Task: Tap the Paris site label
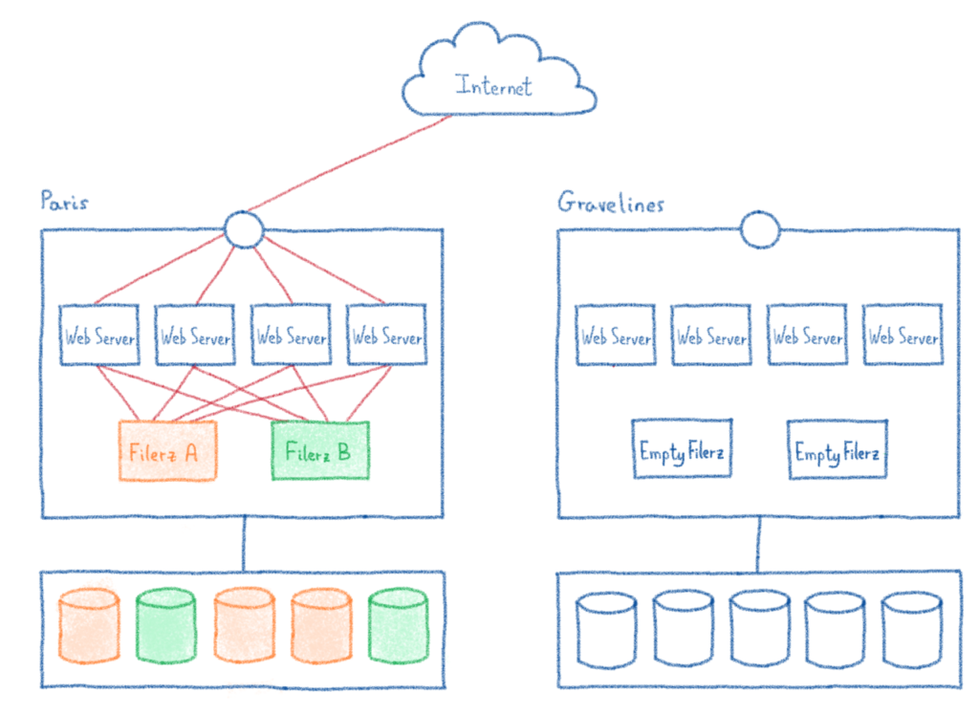(x=64, y=202)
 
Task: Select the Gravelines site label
(x=611, y=203)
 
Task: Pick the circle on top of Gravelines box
(x=760, y=229)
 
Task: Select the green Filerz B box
(x=319, y=450)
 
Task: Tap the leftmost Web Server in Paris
(x=99, y=335)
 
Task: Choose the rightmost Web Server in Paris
(x=386, y=335)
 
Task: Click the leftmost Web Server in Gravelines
(x=616, y=335)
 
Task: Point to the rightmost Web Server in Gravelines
(x=903, y=335)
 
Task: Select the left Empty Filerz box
(x=683, y=450)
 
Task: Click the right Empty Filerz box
(x=837, y=450)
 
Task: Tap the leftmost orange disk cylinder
(x=89, y=626)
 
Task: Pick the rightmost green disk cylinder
(x=398, y=626)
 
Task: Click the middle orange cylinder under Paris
(x=244, y=626)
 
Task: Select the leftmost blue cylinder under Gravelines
(x=606, y=629)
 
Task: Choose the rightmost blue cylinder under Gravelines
(x=912, y=629)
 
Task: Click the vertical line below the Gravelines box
(x=759, y=545)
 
